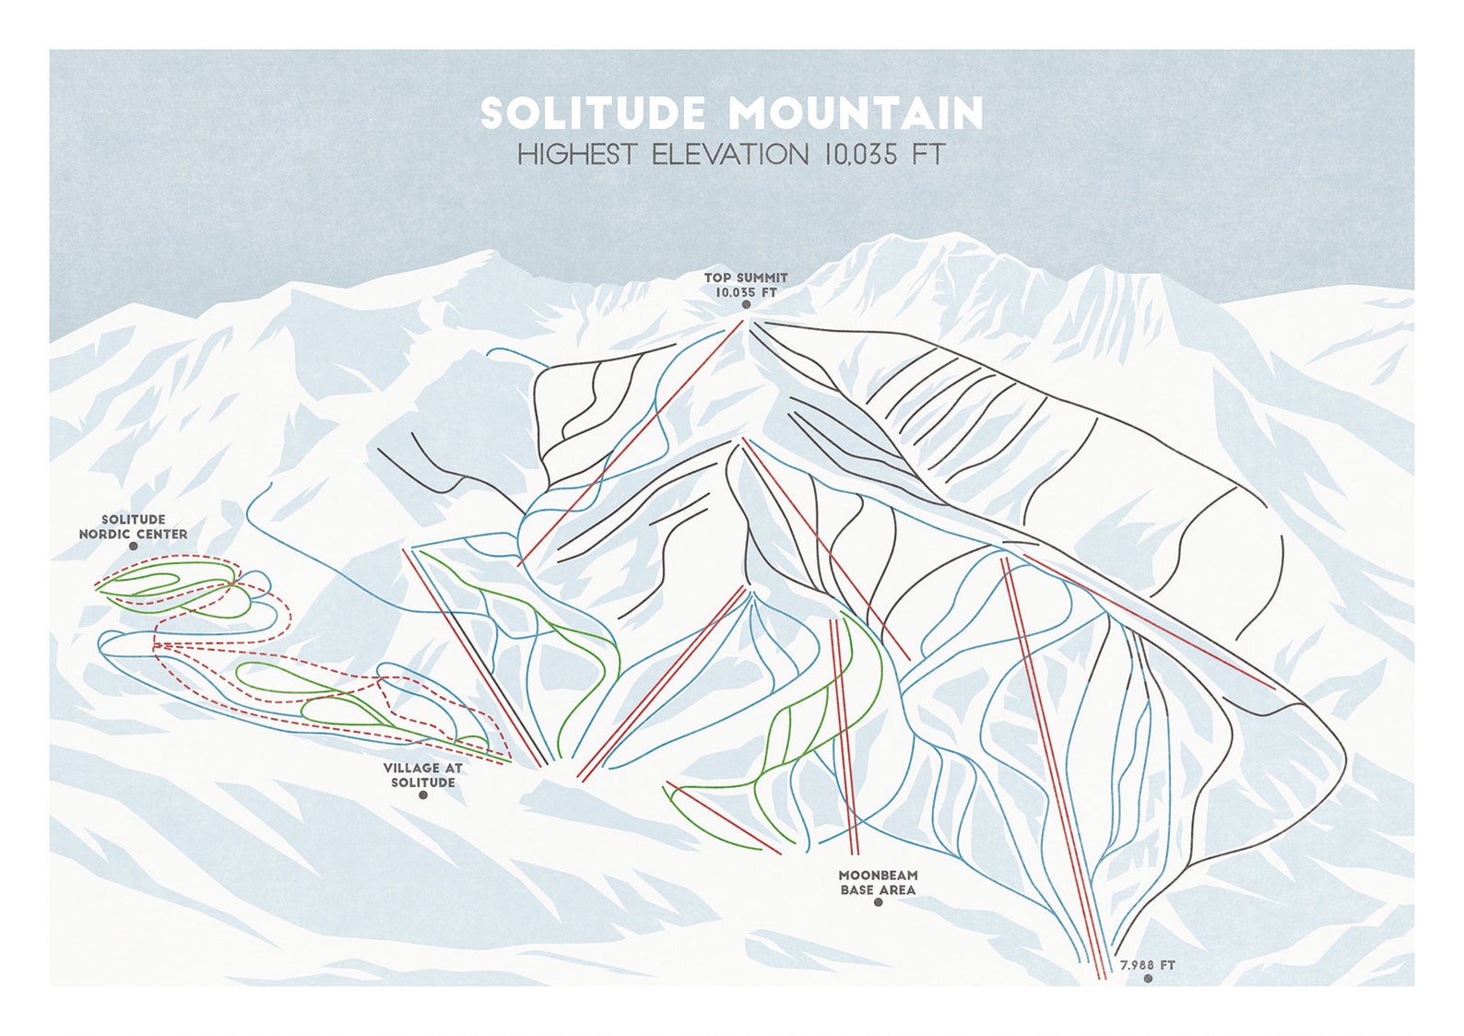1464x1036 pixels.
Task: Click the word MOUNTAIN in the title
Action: coord(856,113)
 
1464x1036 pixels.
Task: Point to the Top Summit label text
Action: coord(746,277)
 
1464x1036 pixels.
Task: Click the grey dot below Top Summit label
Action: coord(746,304)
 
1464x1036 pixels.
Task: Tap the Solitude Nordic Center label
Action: coord(133,527)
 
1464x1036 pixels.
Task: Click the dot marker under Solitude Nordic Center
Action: coord(133,547)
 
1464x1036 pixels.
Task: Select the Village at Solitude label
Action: coord(423,774)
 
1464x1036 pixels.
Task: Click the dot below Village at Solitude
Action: coord(423,795)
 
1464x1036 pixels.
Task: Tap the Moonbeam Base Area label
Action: coord(878,882)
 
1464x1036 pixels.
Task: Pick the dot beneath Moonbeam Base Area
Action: coord(878,902)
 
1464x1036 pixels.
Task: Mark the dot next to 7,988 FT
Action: coord(1148,979)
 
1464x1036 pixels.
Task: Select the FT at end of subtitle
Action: coord(928,154)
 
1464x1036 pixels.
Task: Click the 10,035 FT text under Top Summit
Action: coord(746,291)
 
